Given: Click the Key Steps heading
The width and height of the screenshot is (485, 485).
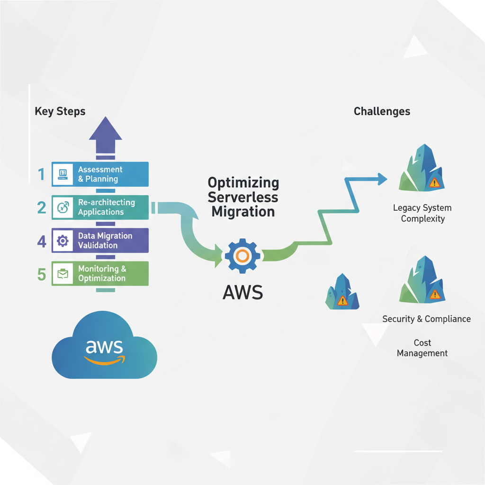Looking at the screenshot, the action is tap(60, 112).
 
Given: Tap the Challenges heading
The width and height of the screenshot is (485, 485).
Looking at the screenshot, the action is tap(382, 112).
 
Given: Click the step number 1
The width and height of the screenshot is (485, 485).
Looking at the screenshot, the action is tap(42, 175).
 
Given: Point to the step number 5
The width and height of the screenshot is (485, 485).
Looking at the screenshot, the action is tap(42, 274).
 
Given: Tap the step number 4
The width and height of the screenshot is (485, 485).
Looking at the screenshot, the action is tap(42, 242).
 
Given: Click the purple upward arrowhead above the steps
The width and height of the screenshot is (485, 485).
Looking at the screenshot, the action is tap(105, 130).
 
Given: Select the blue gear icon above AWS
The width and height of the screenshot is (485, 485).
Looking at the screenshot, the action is tap(242, 256).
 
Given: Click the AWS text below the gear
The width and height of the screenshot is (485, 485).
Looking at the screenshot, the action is tap(242, 292).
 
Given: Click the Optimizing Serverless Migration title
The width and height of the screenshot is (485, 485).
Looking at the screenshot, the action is tap(243, 197).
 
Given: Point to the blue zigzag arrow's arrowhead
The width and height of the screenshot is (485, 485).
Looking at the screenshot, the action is tap(382, 179).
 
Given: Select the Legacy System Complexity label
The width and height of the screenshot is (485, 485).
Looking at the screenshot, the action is tap(422, 213).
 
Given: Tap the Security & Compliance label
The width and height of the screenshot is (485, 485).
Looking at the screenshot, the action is tap(426, 319).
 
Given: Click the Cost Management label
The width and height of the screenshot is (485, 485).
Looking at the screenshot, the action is tap(422, 348).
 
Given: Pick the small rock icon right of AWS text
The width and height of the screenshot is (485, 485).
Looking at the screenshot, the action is tap(342, 292).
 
